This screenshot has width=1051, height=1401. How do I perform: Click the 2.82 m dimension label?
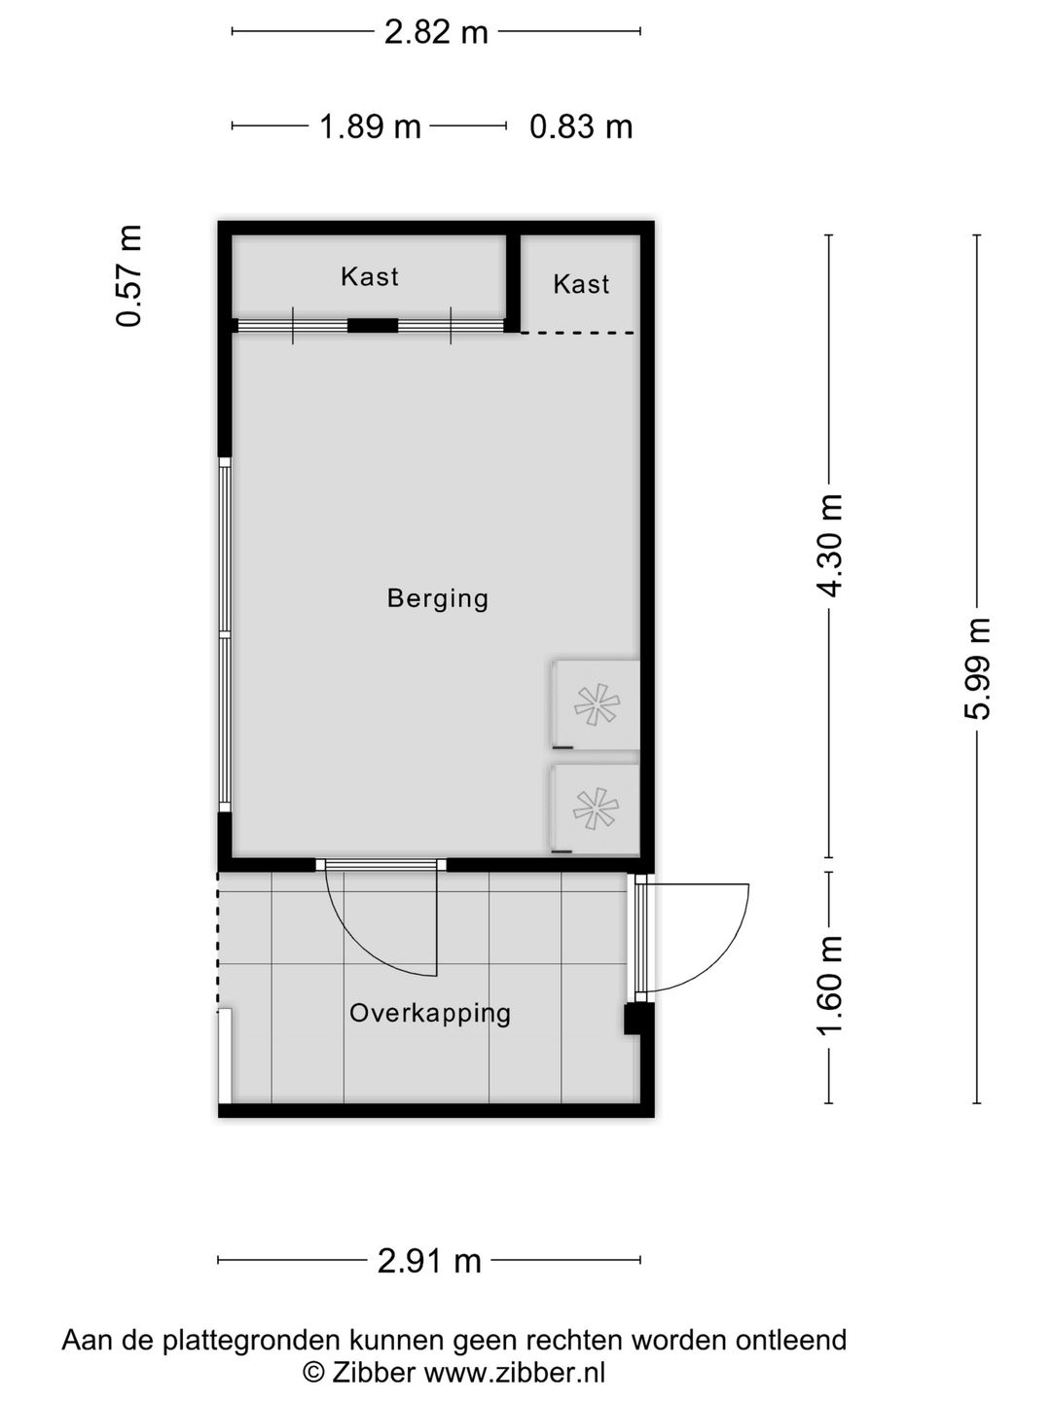[435, 32]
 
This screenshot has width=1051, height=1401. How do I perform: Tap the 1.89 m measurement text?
[370, 126]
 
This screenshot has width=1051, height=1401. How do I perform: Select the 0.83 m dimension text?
[581, 126]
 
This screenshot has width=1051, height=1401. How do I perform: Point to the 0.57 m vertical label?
[129, 276]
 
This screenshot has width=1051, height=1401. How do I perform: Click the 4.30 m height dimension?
[829, 547]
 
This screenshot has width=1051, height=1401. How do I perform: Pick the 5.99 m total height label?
[976, 668]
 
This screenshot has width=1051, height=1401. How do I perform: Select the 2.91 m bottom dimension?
[429, 1261]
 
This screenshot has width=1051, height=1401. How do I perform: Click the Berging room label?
[438, 597]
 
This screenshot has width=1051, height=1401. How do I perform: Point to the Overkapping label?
[430, 1013]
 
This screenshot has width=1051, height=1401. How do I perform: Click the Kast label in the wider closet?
[370, 276]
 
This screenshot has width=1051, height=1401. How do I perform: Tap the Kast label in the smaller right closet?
[581, 284]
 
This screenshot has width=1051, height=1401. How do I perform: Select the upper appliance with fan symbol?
[595, 704]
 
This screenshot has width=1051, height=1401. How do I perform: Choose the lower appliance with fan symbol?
[595, 809]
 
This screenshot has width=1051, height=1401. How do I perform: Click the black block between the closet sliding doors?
[373, 327]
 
